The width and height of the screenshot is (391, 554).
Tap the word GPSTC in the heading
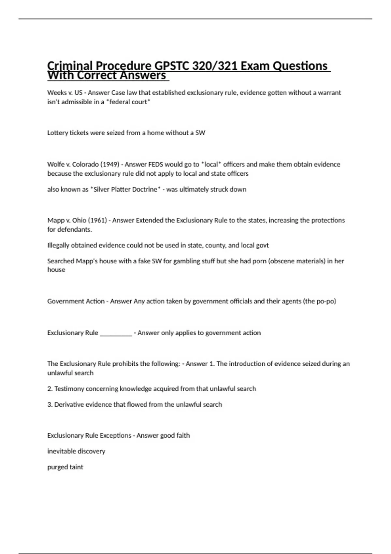tap(171, 66)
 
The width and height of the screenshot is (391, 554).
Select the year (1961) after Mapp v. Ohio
tap(97, 220)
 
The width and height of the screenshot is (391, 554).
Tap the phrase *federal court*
tap(128, 102)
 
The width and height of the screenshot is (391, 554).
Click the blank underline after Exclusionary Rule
tap(116, 333)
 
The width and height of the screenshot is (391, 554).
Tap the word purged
tap(57, 467)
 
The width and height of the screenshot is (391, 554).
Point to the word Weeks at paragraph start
tap(55, 93)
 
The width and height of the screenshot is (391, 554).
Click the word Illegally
tap(58, 245)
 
